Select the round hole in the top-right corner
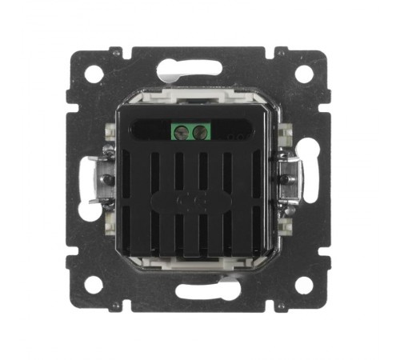click(304, 74)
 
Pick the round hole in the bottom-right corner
click(304, 285)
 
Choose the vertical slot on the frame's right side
click(310, 180)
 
